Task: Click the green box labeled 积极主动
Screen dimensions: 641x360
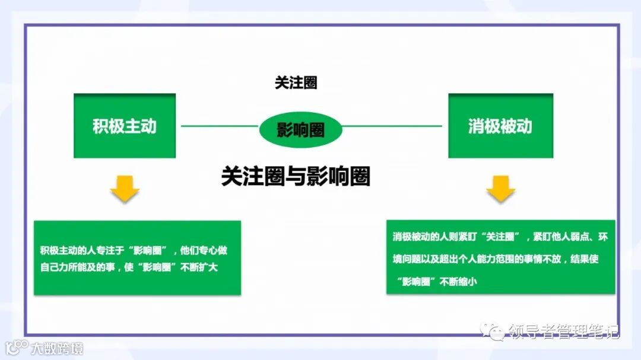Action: coord(125,126)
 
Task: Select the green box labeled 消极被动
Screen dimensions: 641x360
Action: coord(500,126)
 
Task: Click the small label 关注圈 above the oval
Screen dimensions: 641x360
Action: coord(296,83)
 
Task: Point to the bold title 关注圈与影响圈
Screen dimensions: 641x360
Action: coord(296,176)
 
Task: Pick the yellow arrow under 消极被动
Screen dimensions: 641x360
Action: coord(501,189)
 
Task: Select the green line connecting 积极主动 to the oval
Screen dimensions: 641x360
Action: coord(220,126)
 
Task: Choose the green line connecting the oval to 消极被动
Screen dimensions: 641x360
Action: coord(392,126)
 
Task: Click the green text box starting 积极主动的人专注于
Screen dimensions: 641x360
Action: coord(137,257)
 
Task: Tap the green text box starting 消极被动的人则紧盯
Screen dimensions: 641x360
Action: coord(500,256)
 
